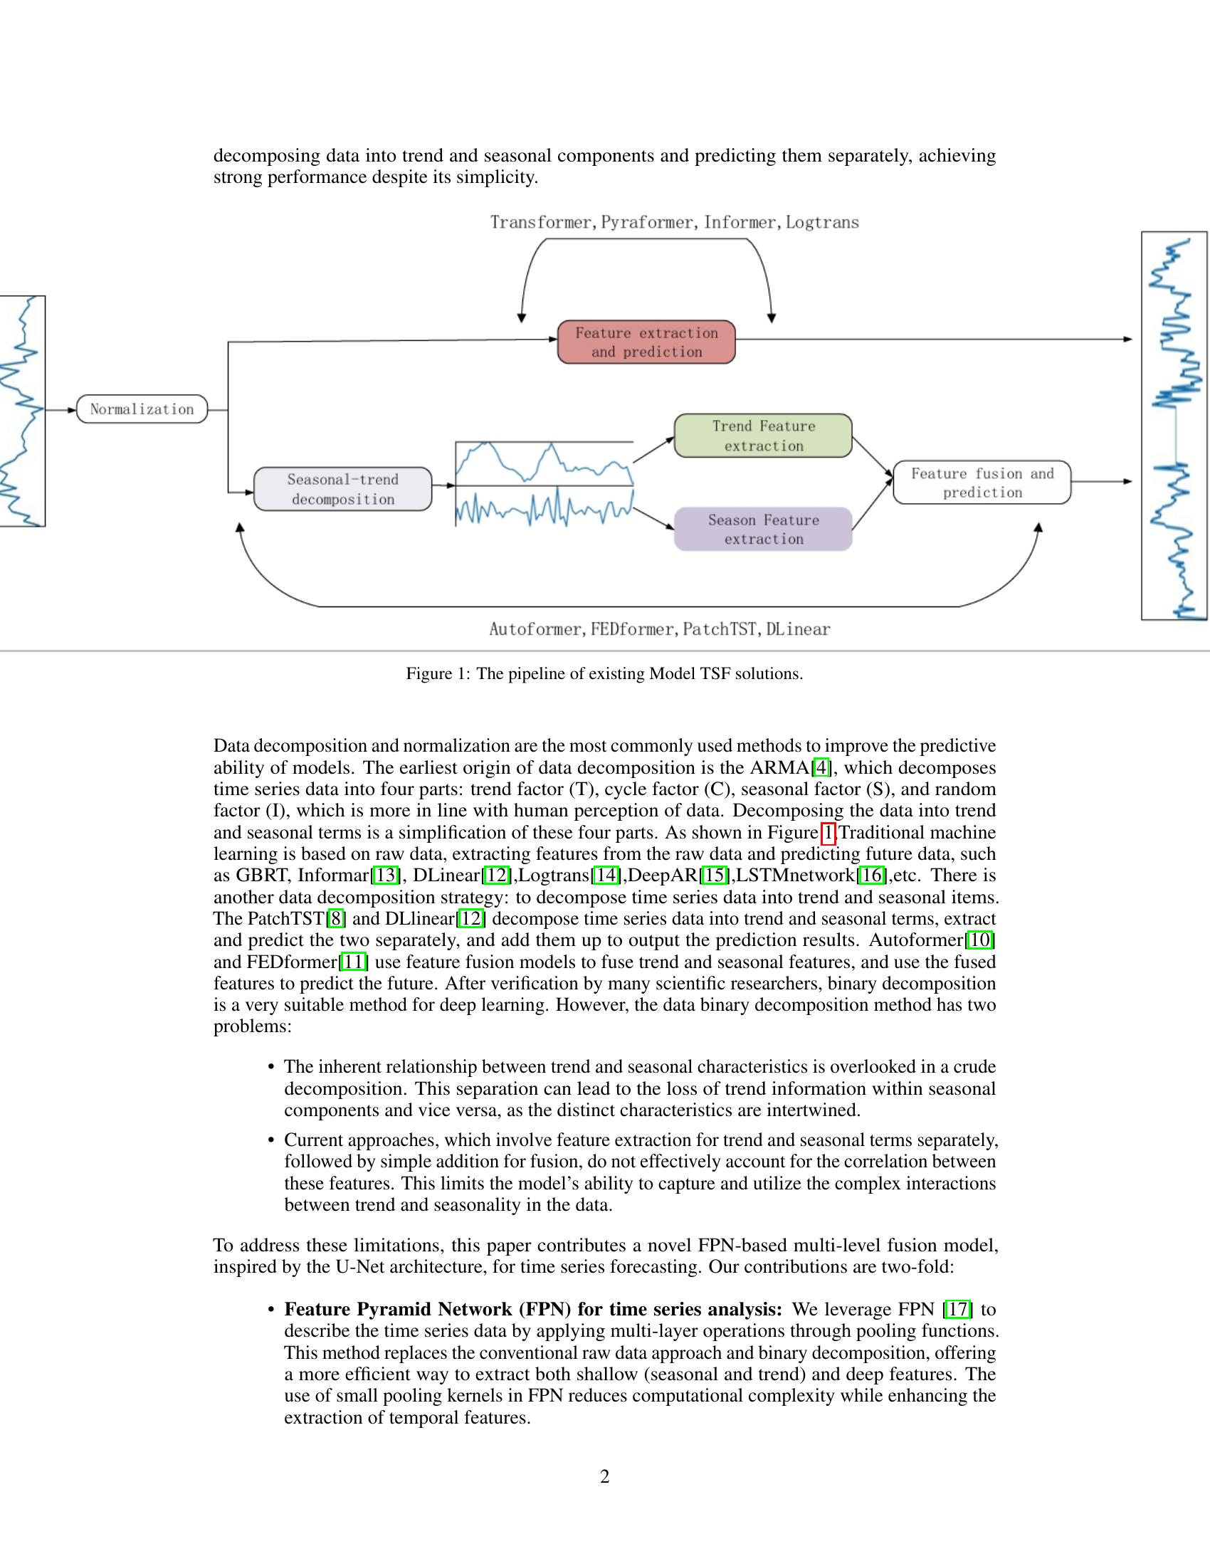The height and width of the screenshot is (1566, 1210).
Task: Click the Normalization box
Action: click(141, 409)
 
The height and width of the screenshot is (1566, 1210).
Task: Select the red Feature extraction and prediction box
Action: click(646, 342)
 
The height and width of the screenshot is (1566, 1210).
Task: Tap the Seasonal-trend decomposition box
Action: click(342, 489)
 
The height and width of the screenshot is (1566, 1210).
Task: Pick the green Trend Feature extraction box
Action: click(763, 435)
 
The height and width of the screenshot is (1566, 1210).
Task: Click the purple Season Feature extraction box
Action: click(763, 529)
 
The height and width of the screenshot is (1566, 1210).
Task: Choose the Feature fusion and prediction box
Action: click(982, 483)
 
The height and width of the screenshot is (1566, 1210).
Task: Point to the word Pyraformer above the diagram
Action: click(646, 222)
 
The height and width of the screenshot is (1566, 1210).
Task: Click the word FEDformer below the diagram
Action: click(632, 629)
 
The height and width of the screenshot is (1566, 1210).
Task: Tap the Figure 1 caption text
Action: click(604, 673)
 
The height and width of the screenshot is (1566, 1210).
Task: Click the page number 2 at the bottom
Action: click(604, 1476)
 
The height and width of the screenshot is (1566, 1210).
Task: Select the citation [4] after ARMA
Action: click(821, 768)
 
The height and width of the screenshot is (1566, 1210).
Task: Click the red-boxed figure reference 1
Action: click(828, 833)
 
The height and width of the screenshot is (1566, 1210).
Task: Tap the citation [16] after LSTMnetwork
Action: click(871, 876)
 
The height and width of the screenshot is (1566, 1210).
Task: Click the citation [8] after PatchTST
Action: click(335, 918)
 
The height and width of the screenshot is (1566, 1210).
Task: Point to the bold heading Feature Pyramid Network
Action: click(532, 1309)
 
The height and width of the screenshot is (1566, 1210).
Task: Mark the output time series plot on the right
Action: click(1174, 425)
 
